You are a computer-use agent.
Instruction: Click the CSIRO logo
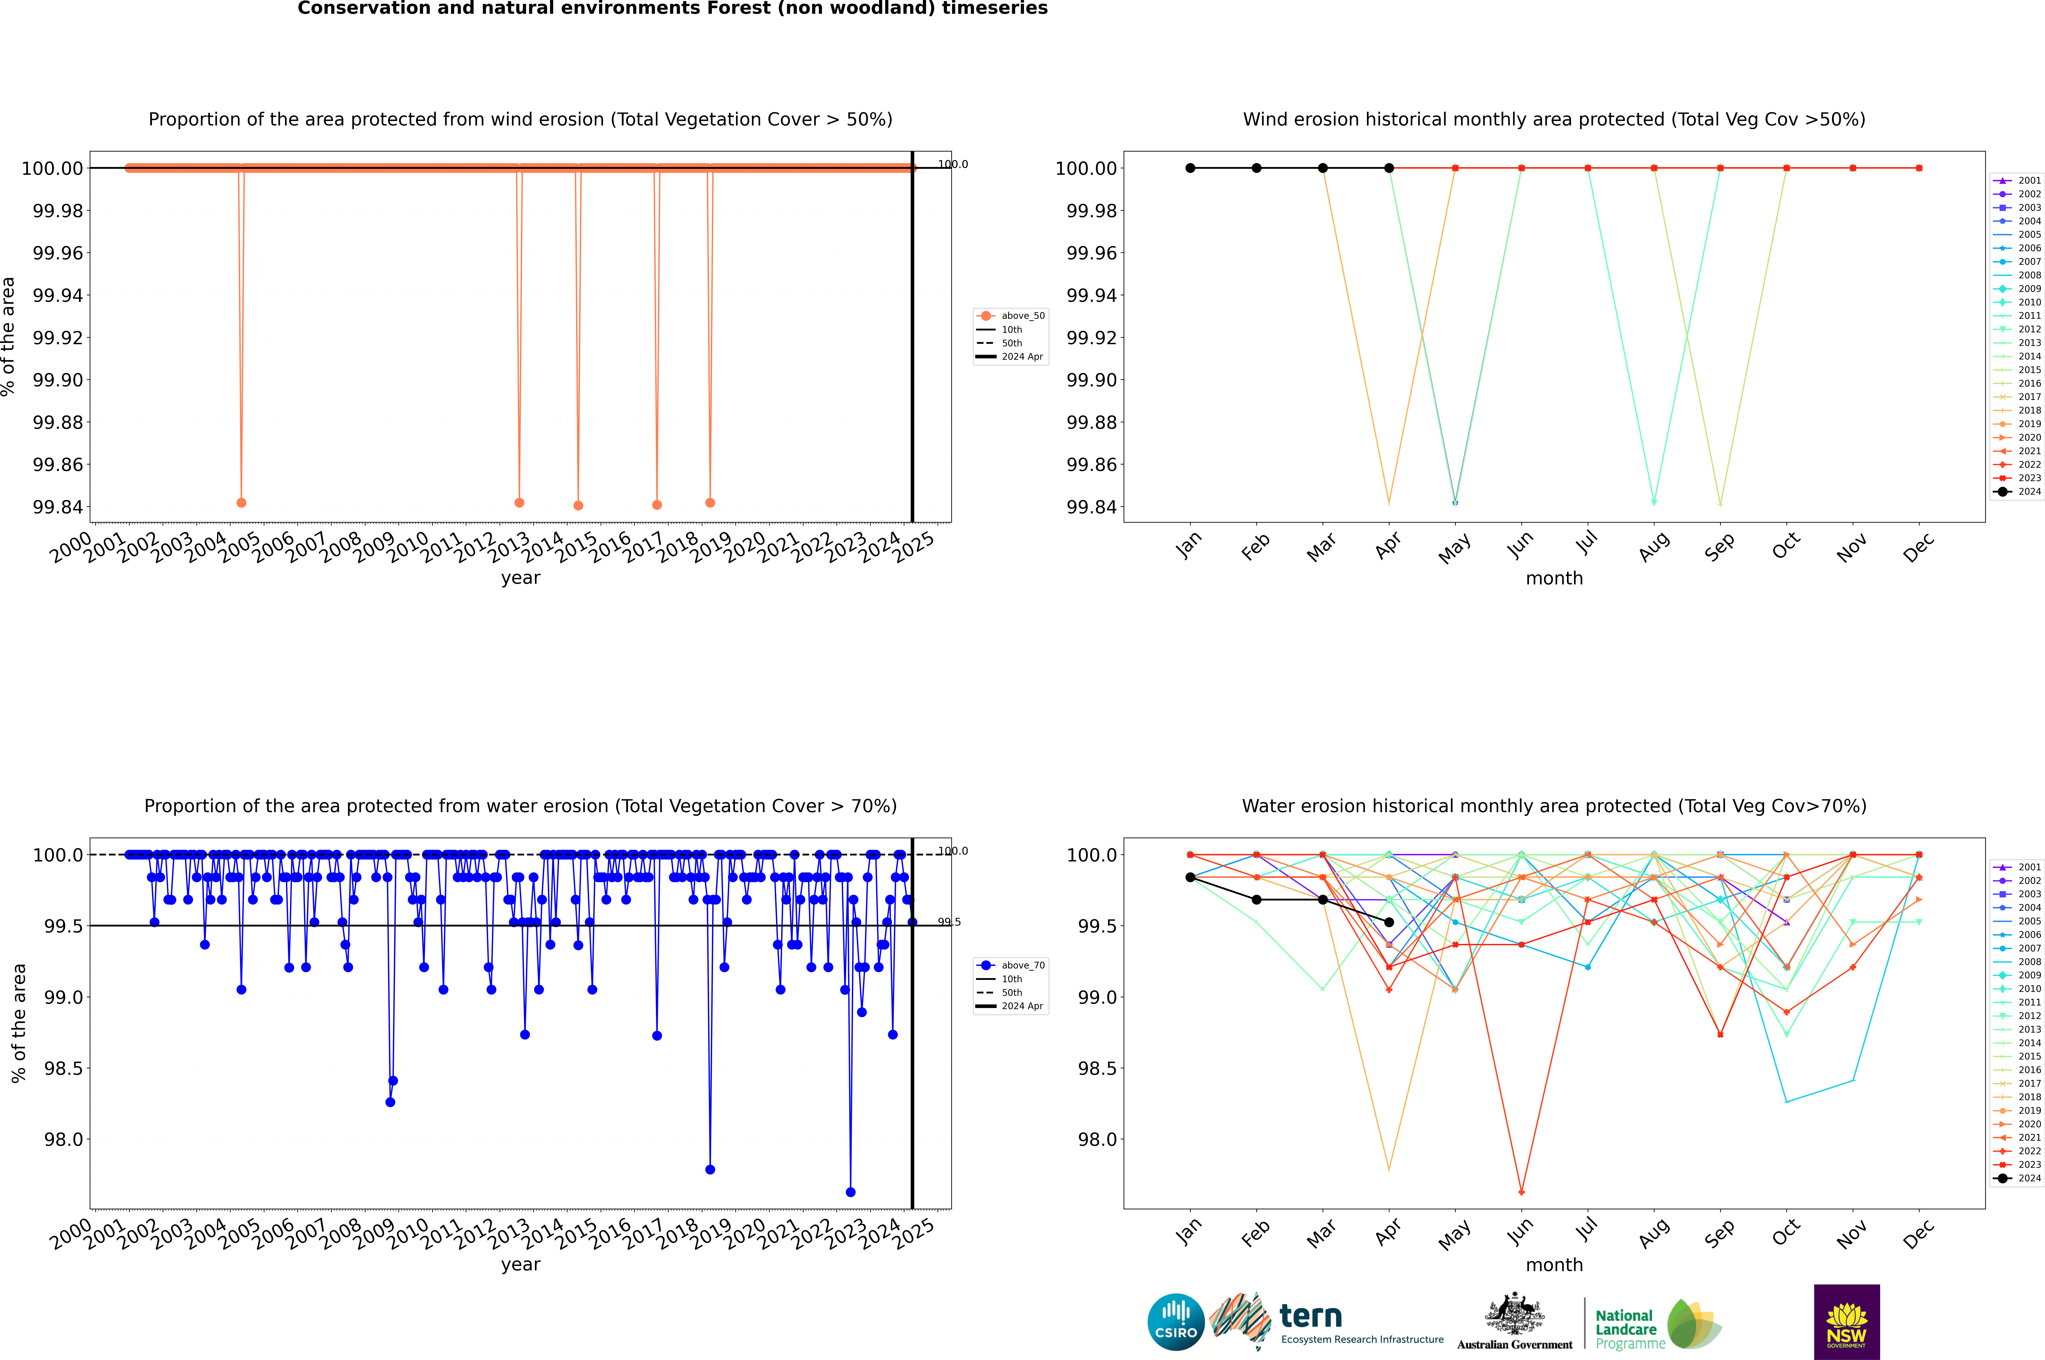click(x=1175, y=1322)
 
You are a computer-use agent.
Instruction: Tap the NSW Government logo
click(x=1846, y=1322)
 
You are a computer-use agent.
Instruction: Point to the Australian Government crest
click(x=1514, y=1318)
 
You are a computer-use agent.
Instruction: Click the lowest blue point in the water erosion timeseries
click(x=850, y=1192)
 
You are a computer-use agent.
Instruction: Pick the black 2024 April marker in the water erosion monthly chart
click(x=1389, y=922)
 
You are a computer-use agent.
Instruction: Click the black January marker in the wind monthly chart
click(x=1190, y=168)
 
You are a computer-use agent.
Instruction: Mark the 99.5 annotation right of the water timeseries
click(x=949, y=922)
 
